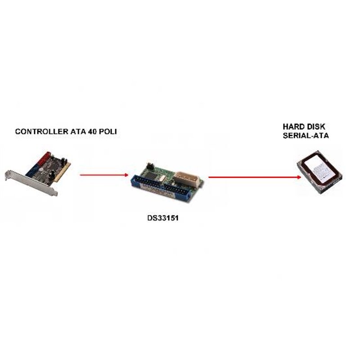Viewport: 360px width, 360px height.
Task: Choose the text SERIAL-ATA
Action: (x=306, y=135)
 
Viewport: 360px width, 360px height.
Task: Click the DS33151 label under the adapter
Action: (x=163, y=218)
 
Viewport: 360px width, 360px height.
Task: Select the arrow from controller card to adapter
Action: (x=104, y=175)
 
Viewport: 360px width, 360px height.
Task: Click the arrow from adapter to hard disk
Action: (x=255, y=177)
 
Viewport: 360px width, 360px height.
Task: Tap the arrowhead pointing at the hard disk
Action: (x=299, y=177)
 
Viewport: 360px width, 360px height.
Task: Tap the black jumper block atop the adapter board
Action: (x=150, y=165)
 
